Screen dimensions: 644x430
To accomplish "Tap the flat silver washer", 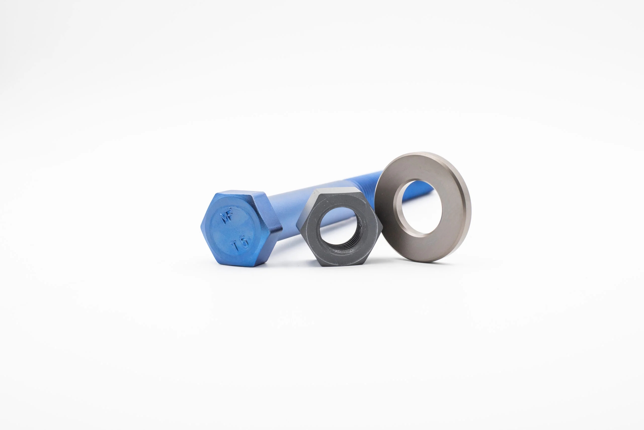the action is (423, 207).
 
